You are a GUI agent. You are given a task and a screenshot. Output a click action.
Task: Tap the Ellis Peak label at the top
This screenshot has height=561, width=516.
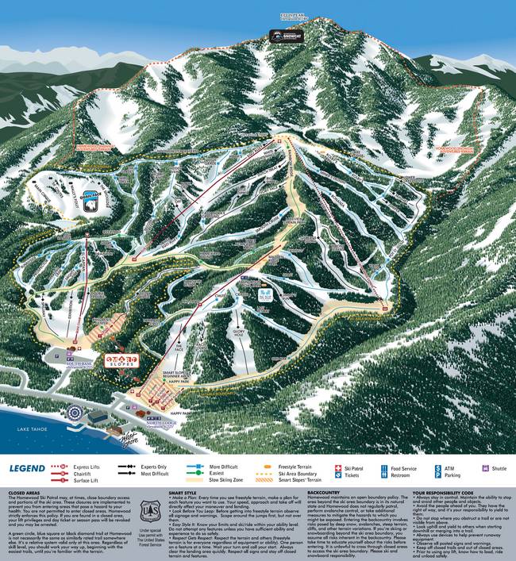[280, 14]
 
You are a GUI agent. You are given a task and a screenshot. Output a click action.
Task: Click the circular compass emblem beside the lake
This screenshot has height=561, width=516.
[75, 413]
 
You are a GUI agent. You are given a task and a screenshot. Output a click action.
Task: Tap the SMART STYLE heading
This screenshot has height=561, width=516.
[181, 492]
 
